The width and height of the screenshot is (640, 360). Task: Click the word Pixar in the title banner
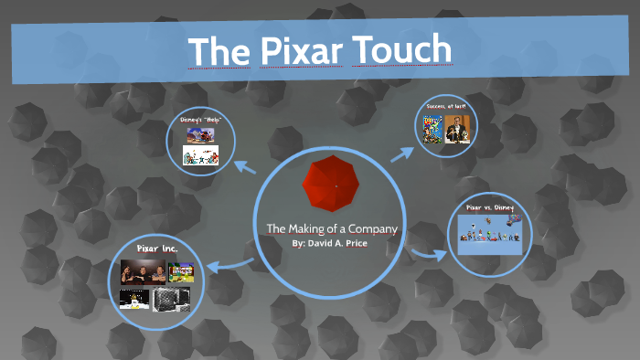pyautogui.click(x=291, y=49)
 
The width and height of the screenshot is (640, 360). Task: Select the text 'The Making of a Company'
pyautogui.click(x=332, y=228)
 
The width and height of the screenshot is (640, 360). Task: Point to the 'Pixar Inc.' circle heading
pyautogui.click(x=156, y=249)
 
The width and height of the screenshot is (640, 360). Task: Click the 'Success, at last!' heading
pyautogui.click(x=444, y=107)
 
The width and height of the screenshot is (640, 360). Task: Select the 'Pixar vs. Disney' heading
pyautogui.click(x=490, y=208)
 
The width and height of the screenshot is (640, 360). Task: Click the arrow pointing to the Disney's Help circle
pyautogui.click(x=245, y=167)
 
